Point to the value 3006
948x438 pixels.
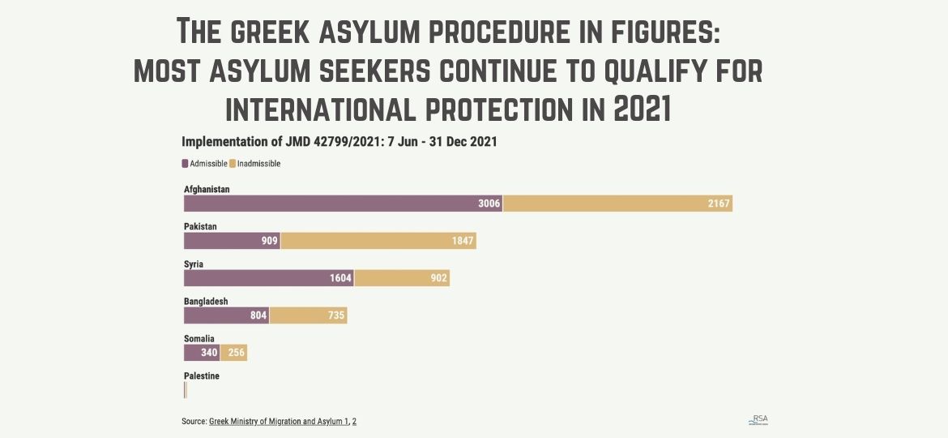(489, 204)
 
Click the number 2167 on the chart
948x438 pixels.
(719, 204)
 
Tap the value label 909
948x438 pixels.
(269, 241)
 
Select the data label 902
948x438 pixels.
(438, 278)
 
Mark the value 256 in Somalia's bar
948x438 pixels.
(235, 353)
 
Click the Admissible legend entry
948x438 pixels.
(205, 164)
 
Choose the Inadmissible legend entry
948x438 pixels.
(255, 164)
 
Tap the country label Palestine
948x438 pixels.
(202, 376)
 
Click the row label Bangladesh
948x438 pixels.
(206, 302)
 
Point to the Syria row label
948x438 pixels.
(194, 264)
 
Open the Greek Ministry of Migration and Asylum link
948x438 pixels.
(278, 422)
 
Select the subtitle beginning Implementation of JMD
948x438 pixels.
(339, 141)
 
